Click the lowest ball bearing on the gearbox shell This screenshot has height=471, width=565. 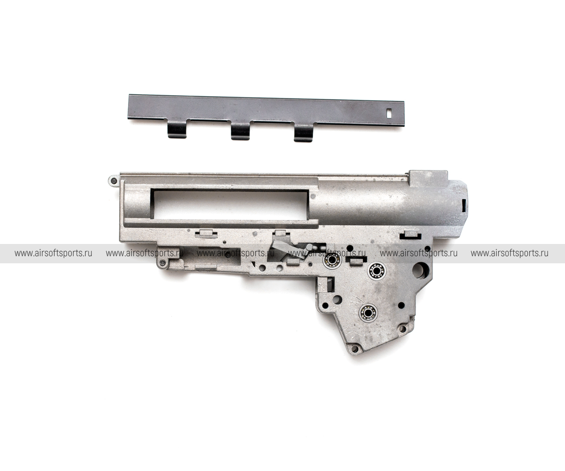coord(367,313)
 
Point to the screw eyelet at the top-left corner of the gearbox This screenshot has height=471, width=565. coord(113,180)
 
